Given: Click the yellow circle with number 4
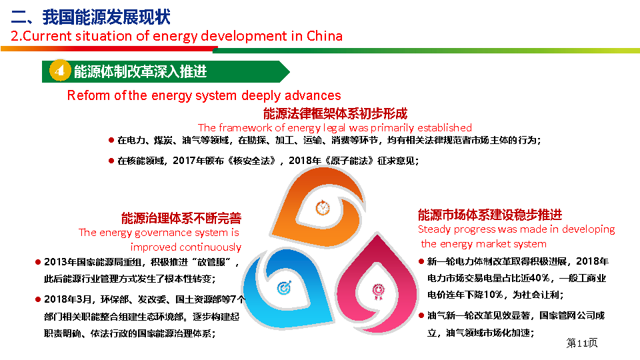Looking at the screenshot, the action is (x=60, y=71).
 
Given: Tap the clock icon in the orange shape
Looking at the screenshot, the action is (x=323, y=208).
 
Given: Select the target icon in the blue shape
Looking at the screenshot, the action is (x=284, y=288).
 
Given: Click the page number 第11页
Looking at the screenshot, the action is (x=581, y=343).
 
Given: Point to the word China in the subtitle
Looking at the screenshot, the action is (x=325, y=36).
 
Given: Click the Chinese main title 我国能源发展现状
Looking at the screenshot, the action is (x=106, y=17).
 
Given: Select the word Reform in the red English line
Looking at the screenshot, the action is (x=89, y=95).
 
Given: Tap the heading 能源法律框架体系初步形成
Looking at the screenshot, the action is (x=335, y=113).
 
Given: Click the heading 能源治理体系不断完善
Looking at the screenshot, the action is (x=181, y=219).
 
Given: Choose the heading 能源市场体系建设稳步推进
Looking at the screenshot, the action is (x=490, y=215).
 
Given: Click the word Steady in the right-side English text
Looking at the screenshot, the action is (x=434, y=229).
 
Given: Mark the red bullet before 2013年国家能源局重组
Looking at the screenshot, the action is (x=38, y=262).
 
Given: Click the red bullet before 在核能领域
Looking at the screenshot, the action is (x=111, y=161).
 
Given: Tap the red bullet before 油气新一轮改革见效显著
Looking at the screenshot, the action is (x=421, y=315).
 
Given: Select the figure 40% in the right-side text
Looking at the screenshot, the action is (x=539, y=278).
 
